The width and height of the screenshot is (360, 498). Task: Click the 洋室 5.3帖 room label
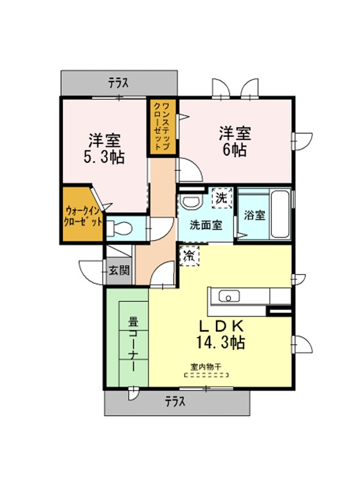[104, 149]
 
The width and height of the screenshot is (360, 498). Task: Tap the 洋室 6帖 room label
[235, 142]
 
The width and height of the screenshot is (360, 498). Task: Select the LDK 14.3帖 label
[221, 334]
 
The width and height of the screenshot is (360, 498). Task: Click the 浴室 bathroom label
[255, 215]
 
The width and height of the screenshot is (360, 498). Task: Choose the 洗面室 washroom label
[206, 225]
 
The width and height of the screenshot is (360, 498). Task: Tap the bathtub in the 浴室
[280, 214]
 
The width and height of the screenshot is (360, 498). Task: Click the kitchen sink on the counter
[229, 297]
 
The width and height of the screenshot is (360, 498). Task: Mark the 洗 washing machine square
[222, 198]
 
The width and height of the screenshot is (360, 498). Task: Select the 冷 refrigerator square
[190, 255]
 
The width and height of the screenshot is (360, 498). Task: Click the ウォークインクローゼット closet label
[83, 216]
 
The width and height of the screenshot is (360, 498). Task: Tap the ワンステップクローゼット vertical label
[161, 126]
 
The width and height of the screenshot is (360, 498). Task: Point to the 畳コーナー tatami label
[133, 344]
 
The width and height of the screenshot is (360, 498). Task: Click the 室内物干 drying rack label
[206, 367]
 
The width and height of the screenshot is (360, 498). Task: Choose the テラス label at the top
[118, 83]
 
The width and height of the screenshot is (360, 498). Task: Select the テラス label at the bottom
[175, 402]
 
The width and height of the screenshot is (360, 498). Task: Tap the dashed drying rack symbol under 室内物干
[206, 375]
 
